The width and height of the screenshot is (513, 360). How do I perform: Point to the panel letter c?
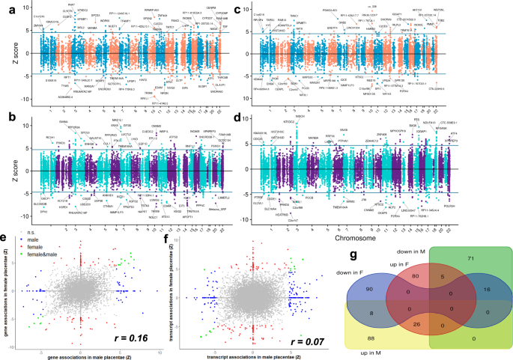[x=259, y=10]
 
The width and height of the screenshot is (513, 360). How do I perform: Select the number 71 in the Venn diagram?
[x=470, y=258]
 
